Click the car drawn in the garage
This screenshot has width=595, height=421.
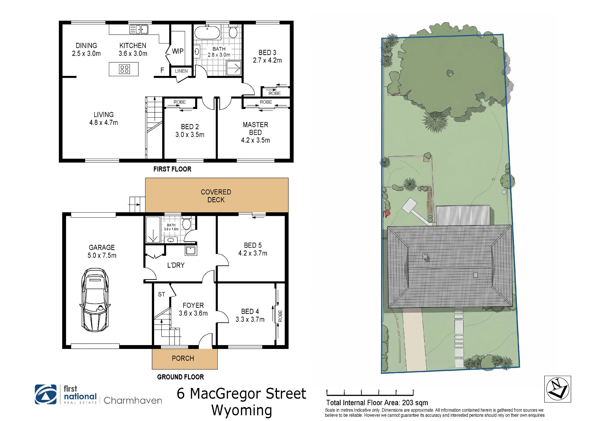95,300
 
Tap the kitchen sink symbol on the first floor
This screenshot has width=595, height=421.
139,29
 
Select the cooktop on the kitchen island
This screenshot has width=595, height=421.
124,69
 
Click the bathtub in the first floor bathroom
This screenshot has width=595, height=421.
207,32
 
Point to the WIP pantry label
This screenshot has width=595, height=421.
178,51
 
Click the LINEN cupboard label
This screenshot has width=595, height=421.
181,71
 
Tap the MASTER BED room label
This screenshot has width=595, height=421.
256,129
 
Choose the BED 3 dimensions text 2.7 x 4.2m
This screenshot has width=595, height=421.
267,60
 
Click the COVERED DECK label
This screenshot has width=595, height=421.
216,196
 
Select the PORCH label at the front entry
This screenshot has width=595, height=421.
183,358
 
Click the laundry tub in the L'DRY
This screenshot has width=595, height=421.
190,251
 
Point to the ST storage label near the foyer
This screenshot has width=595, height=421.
162,294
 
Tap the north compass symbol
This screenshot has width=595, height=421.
558,389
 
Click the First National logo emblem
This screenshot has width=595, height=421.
46,394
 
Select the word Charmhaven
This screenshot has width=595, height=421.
133,400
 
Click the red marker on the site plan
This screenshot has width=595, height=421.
387,213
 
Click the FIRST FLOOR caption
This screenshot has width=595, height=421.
172,169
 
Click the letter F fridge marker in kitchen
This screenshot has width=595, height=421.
162,70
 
